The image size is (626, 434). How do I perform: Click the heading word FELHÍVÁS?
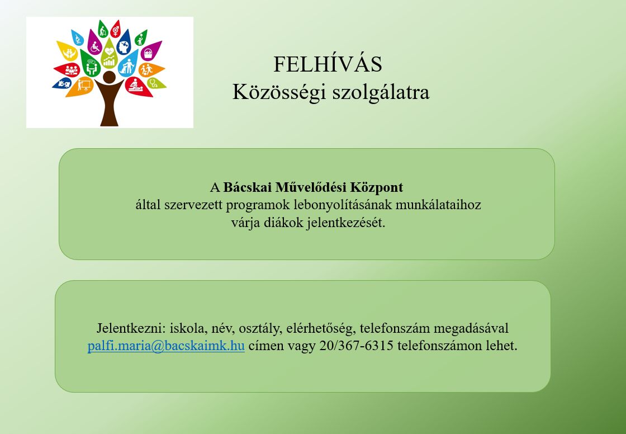328,64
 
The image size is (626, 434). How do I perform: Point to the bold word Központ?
377,188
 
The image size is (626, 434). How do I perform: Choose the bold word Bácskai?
248,187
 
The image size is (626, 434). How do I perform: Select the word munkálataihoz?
438,205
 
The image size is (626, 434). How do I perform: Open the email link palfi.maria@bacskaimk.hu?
166,346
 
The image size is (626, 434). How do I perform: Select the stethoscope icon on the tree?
154,83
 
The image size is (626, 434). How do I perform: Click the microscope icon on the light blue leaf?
78,38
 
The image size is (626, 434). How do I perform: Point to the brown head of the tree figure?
109,77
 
